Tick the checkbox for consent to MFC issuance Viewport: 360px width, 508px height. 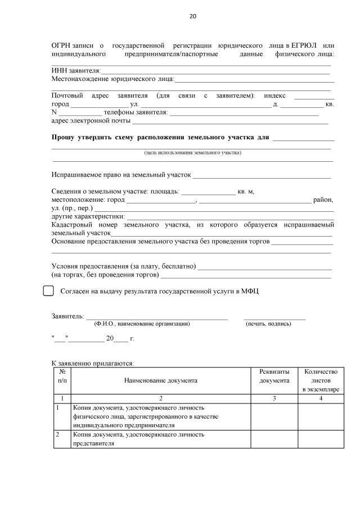point(48,291)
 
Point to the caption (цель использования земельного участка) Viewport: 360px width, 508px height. point(192,152)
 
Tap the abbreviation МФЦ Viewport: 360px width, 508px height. point(250,291)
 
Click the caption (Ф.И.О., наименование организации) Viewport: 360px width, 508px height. point(142,324)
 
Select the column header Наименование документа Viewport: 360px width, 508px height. point(161,380)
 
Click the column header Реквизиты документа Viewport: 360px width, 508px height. point(274,377)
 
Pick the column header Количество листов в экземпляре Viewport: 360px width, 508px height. point(320,380)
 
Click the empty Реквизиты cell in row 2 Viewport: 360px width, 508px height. point(274,439)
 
